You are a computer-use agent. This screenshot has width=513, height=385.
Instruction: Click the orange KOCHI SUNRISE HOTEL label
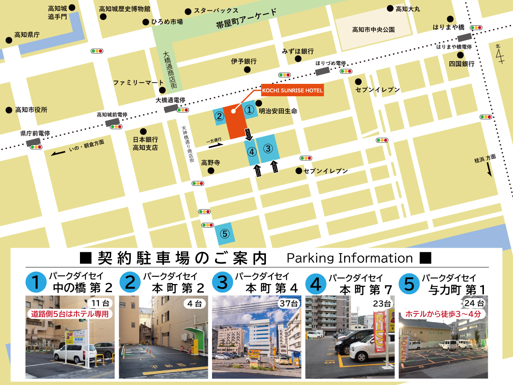pyautogui.click(x=292, y=91)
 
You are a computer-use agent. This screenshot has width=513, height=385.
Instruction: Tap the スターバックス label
pyautogui.click(x=216, y=10)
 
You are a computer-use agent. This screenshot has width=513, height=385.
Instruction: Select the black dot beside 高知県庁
pyautogui.click(x=9, y=40)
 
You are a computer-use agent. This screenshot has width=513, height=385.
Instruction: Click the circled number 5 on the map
pyautogui.click(x=224, y=234)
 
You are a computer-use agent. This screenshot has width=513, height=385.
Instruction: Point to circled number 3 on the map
pyautogui.click(x=268, y=149)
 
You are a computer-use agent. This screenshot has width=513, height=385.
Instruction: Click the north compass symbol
pyautogui.click(x=499, y=53)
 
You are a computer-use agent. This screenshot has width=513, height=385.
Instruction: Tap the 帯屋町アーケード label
pyautogui.click(x=246, y=19)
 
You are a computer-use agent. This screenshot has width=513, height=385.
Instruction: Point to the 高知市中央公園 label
pyautogui.click(x=373, y=30)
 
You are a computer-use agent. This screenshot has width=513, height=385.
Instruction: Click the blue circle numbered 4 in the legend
pyautogui.click(x=316, y=283)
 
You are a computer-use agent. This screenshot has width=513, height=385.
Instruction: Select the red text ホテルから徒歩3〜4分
pyautogui.click(x=443, y=314)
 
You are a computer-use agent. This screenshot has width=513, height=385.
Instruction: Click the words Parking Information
pyautogui.click(x=349, y=258)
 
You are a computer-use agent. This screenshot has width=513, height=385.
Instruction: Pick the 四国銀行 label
pyautogui.click(x=462, y=64)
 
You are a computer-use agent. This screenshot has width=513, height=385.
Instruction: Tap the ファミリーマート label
pyautogui.click(x=138, y=83)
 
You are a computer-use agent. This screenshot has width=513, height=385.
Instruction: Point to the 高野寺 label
pyautogui.click(x=210, y=163)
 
